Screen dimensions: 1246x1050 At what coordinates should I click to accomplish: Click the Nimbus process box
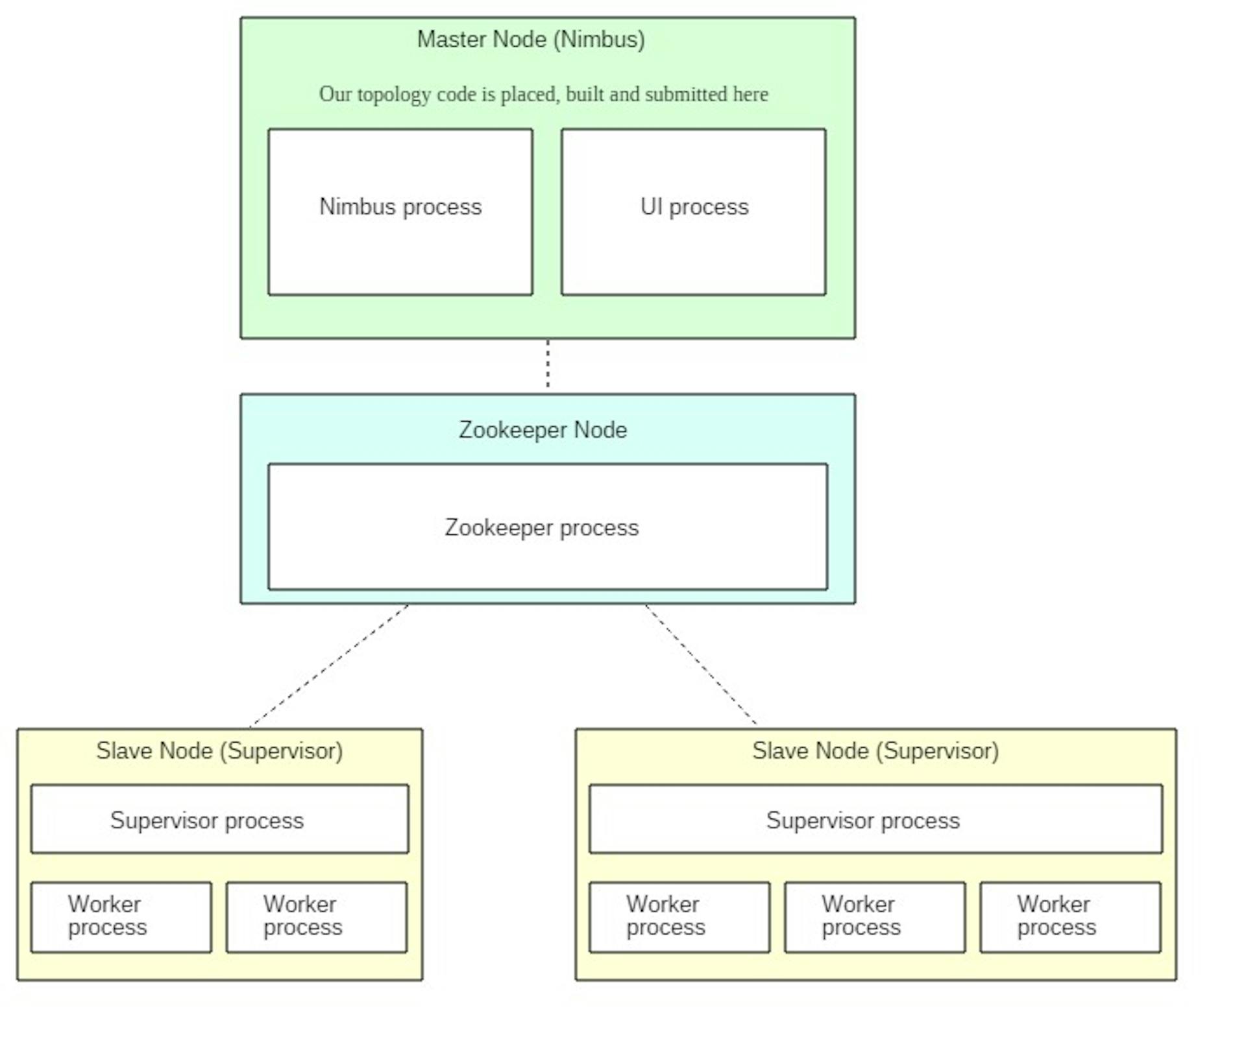400,212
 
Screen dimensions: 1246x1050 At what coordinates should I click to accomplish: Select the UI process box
694,212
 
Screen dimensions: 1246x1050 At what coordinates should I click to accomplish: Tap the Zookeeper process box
548,527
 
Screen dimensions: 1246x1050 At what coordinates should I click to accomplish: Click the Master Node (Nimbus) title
531,40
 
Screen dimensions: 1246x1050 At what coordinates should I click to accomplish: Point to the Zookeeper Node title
543,430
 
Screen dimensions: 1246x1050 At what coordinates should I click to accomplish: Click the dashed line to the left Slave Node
329,665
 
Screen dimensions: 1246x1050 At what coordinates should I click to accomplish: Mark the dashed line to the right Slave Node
702,664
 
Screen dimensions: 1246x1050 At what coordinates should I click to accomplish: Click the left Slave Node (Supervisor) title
219,751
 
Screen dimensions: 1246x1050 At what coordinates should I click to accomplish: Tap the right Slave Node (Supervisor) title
875,751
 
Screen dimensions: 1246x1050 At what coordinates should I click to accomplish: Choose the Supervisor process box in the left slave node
220,819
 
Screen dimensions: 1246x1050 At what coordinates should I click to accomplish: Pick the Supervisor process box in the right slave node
876,819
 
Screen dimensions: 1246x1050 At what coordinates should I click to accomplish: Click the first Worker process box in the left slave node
121,917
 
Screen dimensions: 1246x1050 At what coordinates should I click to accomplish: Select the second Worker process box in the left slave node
317,917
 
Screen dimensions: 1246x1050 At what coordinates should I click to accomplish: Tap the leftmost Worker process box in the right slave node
679,917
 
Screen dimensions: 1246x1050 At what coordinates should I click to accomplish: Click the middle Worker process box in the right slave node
875,917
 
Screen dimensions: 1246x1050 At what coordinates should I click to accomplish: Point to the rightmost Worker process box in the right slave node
1071,917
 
